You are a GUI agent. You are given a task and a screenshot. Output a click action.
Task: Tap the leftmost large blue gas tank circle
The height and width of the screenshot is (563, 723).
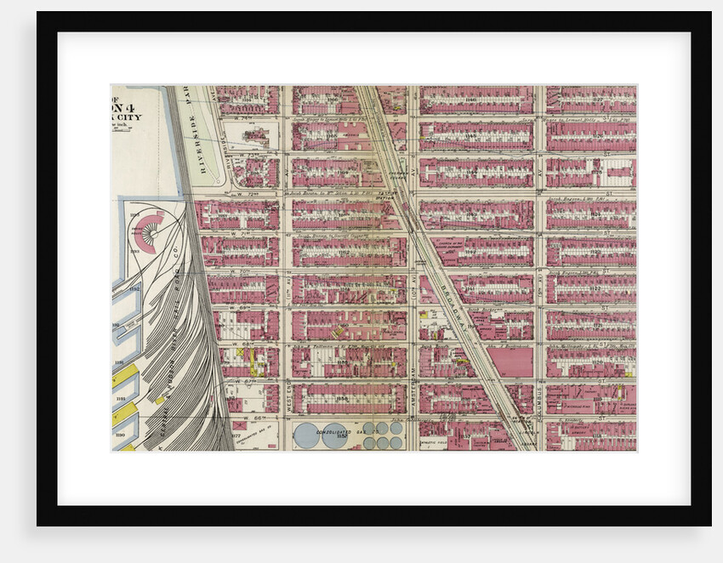click(306, 435)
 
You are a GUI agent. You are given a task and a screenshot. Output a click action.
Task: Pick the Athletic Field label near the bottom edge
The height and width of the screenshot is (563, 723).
click(434, 443)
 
